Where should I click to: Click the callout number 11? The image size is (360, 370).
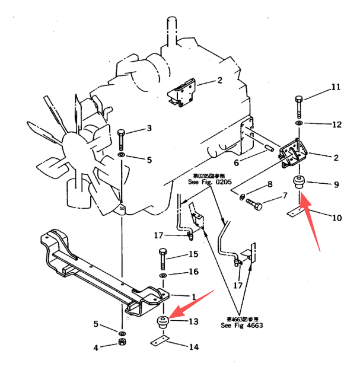[x=336, y=87]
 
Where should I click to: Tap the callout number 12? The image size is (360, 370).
[x=336, y=125]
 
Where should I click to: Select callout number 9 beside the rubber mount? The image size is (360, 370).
[x=335, y=184]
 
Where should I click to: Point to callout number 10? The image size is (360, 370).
[x=336, y=218]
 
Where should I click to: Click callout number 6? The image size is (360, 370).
[x=236, y=162]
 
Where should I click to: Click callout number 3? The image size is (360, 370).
[x=149, y=128]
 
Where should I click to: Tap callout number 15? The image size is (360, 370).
[x=193, y=254]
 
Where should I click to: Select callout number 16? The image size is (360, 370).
[x=193, y=272]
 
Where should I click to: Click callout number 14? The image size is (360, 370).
[x=194, y=347]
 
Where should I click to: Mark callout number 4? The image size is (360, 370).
[x=96, y=348]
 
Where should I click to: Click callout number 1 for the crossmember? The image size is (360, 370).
[x=193, y=296]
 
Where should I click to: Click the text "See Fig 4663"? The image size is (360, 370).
[x=241, y=326]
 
